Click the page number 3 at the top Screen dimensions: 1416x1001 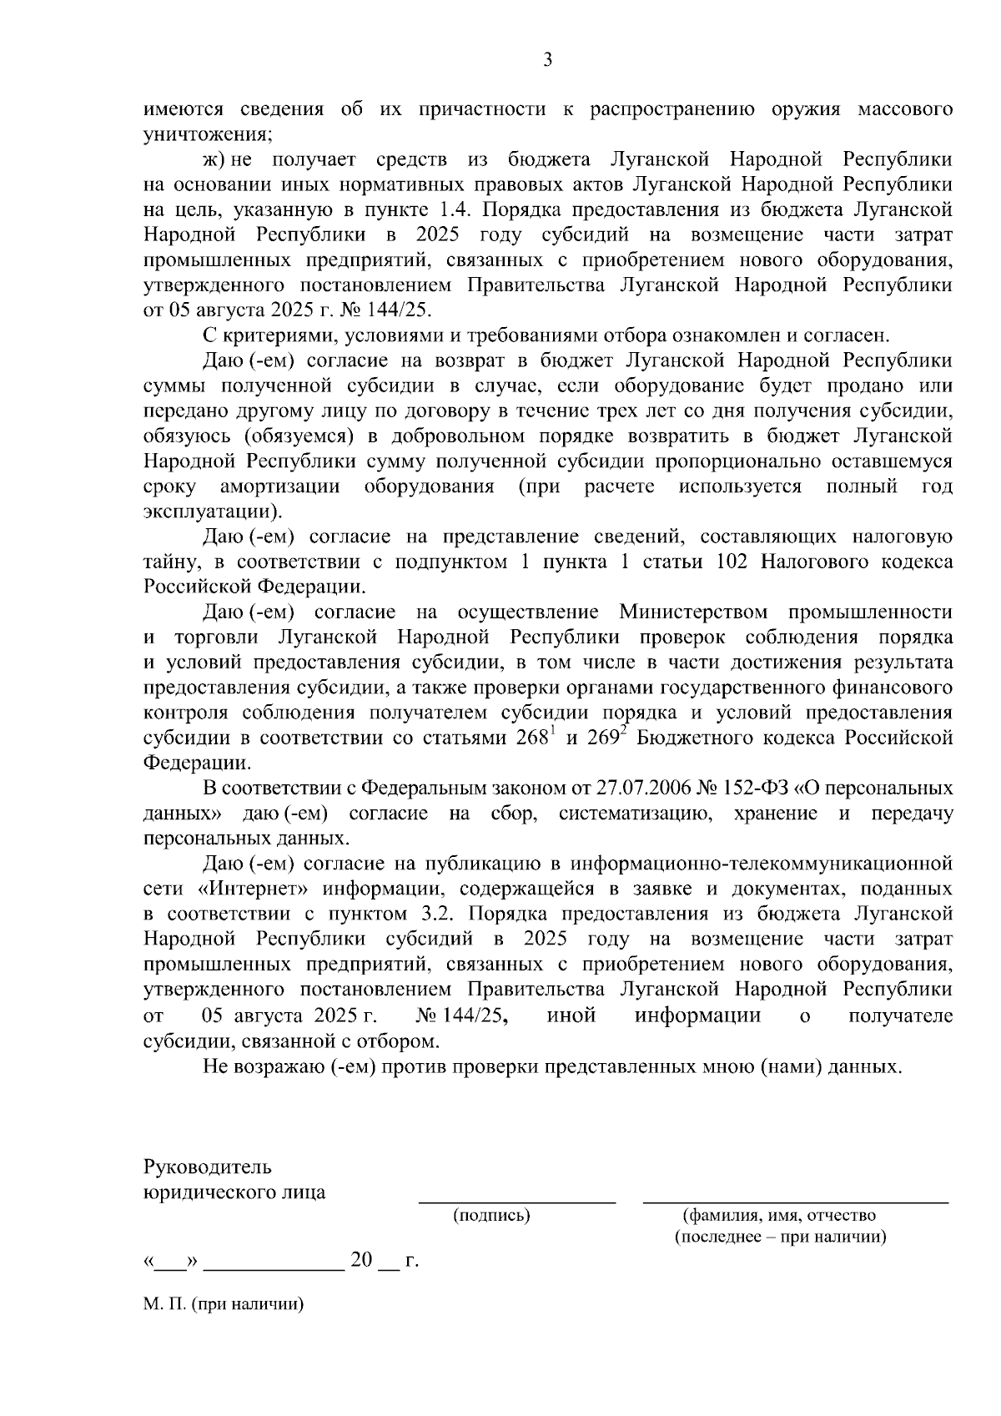pyautogui.click(x=547, y=59)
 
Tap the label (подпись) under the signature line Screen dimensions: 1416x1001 pyautogui.click(x=491, y=1217)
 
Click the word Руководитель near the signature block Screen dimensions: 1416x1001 pyautogui.click(x=208, y=1167)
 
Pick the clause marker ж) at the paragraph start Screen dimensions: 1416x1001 pyautogui.click(x=215, y=159)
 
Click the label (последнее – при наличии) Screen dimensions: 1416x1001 pyautogui.click(x=780, y=1237)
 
